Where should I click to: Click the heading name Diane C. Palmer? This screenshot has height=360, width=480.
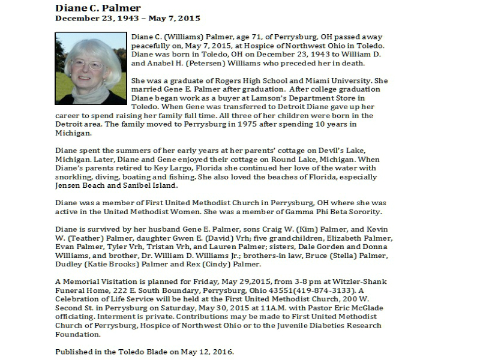[98, 8]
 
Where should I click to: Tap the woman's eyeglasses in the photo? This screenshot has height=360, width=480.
[88, 64]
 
